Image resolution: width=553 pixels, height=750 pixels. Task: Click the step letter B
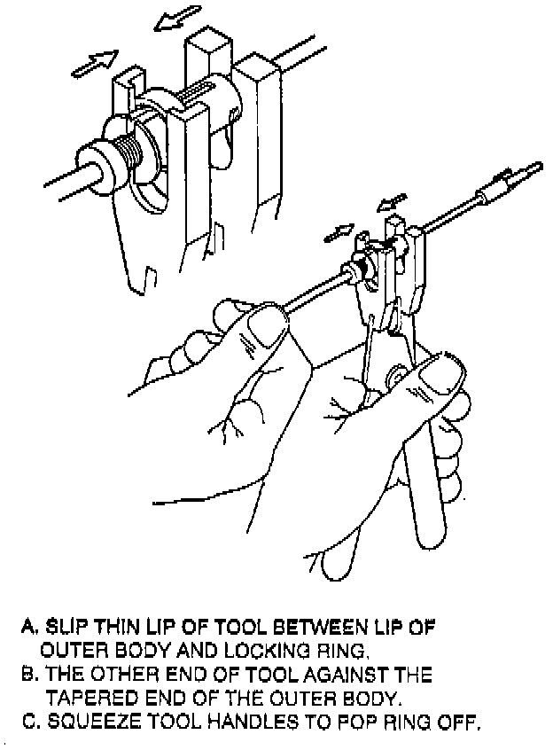point(27,675)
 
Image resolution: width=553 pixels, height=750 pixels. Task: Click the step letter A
point(27,627)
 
